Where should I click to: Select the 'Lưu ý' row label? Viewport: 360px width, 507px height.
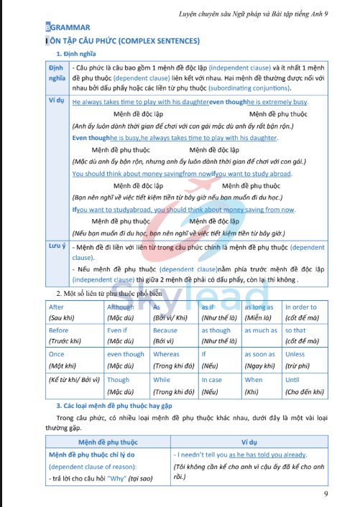click(x=57, y=246)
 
